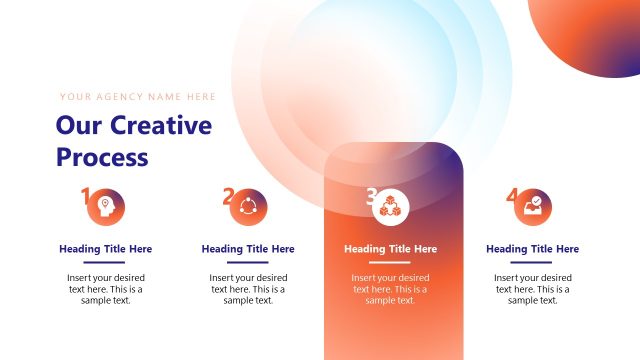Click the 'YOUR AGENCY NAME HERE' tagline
tap(137, 97)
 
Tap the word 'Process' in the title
tap(102, 157)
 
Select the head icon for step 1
tap(106, 208)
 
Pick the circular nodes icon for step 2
tap(249, 208)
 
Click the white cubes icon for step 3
tap(391, 208)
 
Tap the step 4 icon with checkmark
tap(534, 208)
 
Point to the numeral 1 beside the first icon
tap(86, 196)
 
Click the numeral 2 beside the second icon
tap(229, 196)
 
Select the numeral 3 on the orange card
tap(371, 196)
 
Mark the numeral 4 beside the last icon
tap(513, 196)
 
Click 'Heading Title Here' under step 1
tap(106, 249)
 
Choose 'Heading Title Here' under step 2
tap(248, 249)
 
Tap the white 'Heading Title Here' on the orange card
tap(391, 249)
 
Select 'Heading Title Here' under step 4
tap(533, 249)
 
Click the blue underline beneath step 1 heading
tap(106, 262)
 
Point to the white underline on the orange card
tap(391, 262)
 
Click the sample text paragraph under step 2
tap(248, 289)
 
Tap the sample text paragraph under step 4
tap(533, 289)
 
